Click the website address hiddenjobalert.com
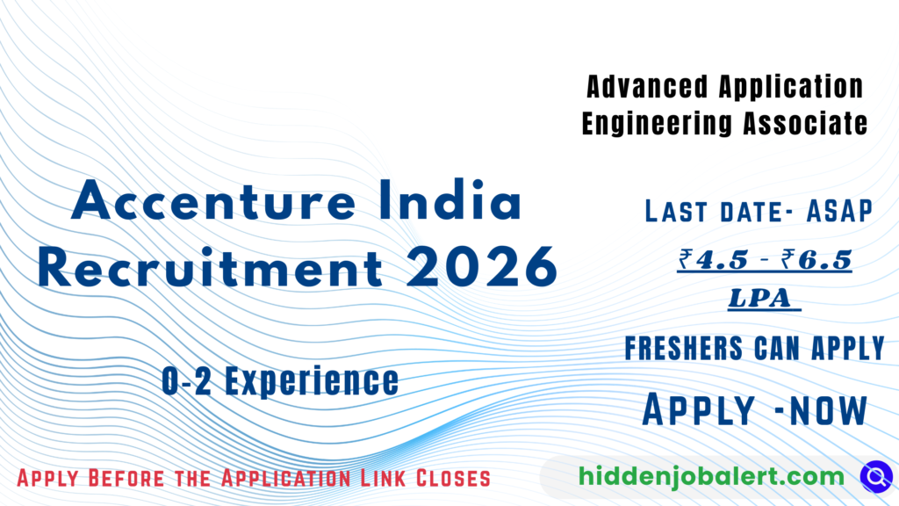click(711, 477)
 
